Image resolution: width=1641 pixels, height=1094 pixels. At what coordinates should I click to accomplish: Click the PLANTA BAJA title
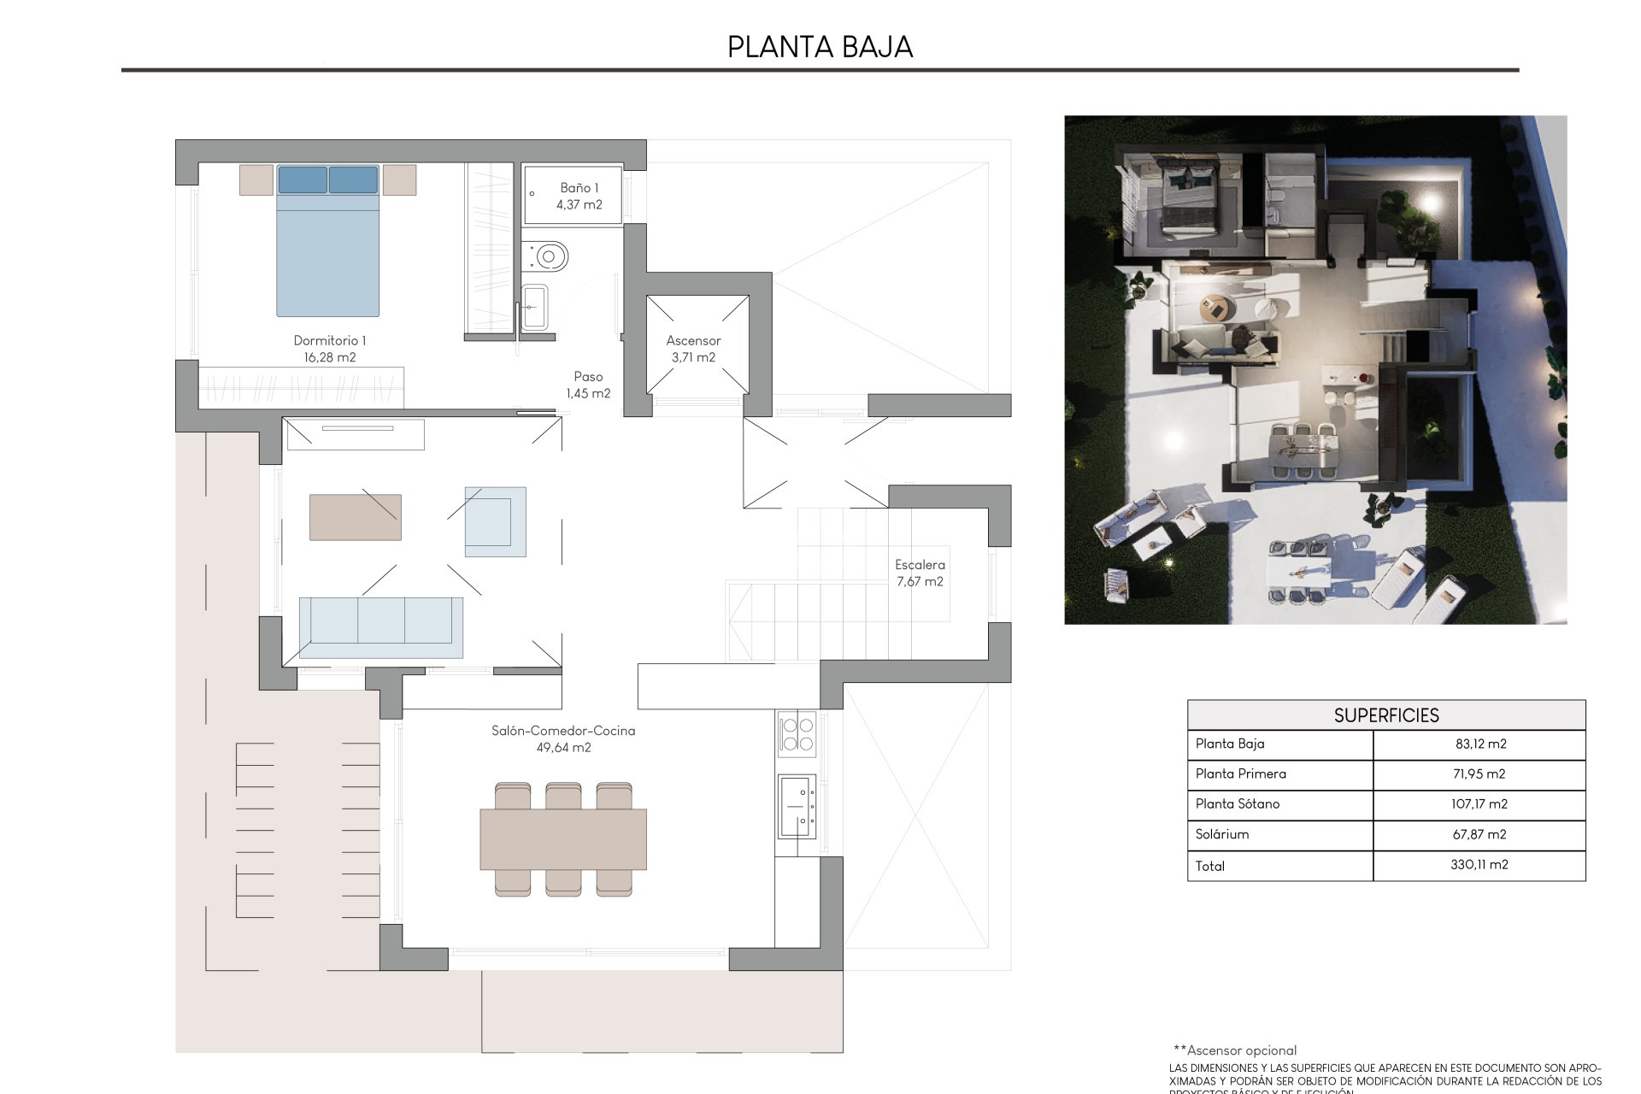click(820, 47)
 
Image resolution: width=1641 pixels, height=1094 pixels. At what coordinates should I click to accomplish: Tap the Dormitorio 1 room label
click(329, 341)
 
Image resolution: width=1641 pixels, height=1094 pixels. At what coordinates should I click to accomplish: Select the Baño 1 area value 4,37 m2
click(579, 205)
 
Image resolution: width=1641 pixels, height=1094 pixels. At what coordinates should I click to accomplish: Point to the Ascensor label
click(693, 341)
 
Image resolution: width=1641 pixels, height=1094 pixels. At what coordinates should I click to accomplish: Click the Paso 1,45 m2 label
click(588, 385)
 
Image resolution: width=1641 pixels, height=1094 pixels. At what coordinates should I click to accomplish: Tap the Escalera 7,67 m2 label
click(920, 573)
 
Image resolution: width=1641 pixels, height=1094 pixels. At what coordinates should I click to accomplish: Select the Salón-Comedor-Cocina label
click(563, 732)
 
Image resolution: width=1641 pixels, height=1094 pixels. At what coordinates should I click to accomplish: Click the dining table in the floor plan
click(563, 838)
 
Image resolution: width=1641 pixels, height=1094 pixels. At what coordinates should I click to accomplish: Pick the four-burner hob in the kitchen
click(797, 734)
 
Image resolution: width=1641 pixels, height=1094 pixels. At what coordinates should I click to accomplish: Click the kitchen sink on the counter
click(797, 806)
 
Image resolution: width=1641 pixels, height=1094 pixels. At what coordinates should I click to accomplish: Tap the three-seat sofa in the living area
click(381, 627)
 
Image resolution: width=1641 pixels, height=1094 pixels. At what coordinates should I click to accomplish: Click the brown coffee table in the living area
click(355, 517)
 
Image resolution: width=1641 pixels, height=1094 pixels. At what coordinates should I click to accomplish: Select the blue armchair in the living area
click(495, 521)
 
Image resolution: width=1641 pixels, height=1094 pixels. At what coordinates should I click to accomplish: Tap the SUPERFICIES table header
click(1385, 715)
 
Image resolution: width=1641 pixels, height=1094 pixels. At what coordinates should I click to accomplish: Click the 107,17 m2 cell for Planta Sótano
click(1479, 804)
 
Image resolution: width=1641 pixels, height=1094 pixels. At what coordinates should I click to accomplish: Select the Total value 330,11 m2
click(1479, 865)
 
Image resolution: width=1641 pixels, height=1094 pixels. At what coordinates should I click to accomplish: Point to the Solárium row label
click(1222, 835)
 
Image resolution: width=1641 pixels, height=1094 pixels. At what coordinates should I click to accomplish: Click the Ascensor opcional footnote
click(1235, 1050)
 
